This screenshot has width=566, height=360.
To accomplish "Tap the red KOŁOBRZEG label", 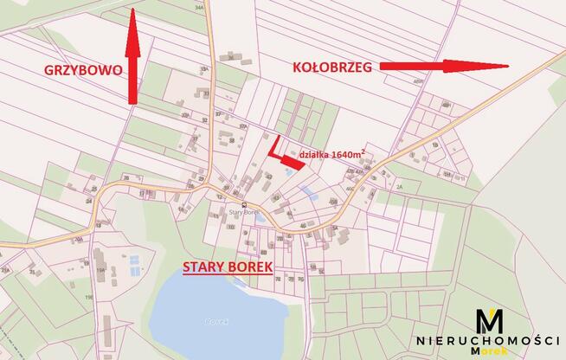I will (x=331, y=66).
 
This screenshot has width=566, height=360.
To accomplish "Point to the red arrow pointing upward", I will (x=132, y=55).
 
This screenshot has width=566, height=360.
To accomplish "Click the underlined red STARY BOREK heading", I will (x=227, y=267).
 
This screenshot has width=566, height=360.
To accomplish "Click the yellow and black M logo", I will (x=491, y=321).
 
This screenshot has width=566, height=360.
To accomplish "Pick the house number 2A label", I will (x=399, y=186).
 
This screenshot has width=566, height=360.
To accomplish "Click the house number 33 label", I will (x=208, y=93).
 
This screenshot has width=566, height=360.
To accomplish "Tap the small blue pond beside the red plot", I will (x=288, y=172).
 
